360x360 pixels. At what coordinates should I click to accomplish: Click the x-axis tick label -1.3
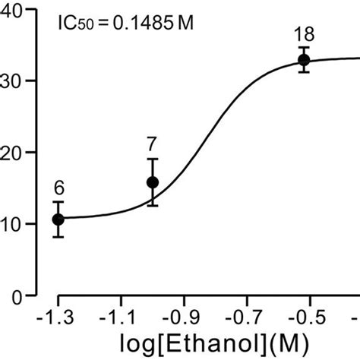58,315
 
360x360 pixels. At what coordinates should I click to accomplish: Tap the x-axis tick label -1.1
119,315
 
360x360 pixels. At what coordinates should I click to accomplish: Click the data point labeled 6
58,219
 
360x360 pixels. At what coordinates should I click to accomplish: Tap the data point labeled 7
152,182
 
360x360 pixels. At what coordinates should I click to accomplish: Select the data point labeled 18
304,59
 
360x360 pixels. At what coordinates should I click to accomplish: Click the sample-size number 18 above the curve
304,33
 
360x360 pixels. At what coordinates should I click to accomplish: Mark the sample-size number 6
58,188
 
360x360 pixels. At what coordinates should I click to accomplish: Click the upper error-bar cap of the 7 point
152,159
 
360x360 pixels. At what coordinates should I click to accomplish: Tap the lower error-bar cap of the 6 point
58,237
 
